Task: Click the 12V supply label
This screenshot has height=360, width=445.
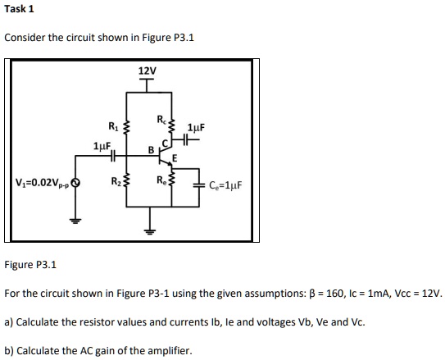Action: pyautogui.click(x=148, y=71)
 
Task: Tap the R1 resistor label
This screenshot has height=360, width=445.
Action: pyautogui.click(x=113, y=125)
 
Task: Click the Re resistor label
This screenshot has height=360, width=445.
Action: pyautogui.click(x=161, y=181)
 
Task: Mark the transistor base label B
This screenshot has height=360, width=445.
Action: pyautogui.click(x=150, y=149)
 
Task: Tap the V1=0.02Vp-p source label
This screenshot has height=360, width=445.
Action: pyautogui.click(x=41, y=183)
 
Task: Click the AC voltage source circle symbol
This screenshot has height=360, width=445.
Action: pyautogui.click(x=76, y=183)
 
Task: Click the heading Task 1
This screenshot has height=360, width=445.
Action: pyautogui.click(x=20, y=10)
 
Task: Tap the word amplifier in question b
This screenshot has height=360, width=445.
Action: pyautogui.click(x=168, y=351)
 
